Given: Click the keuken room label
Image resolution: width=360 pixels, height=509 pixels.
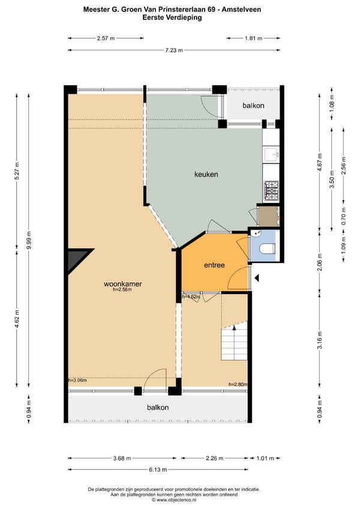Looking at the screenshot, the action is coord(206,174).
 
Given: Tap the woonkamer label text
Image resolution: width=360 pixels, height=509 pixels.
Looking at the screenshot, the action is coord(123,284).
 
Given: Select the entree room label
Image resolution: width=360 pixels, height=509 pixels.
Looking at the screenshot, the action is coord(214,265).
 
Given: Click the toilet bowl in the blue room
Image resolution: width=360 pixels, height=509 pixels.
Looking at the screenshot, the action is coord(268,248).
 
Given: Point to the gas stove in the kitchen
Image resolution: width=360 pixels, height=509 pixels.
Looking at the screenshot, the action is coord(271,190).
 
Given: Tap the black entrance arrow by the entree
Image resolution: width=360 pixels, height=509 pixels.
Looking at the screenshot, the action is coord(256,278).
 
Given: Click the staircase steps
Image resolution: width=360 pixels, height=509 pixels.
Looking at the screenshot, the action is coord(234,343).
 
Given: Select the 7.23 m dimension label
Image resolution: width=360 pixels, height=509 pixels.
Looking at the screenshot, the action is coord(174,50).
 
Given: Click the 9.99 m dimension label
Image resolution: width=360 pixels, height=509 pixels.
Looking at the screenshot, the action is coord(29,240).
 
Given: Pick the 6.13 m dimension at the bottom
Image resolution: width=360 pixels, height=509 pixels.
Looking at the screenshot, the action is coord(158,469).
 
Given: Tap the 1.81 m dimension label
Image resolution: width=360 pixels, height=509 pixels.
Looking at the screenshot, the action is coord(253,38).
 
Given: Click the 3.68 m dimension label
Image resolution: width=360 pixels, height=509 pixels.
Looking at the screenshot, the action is coord(122,459).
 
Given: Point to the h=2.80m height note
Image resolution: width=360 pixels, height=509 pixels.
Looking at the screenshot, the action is coord(238,384).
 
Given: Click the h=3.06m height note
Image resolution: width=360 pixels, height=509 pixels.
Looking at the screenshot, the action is coord(77,380).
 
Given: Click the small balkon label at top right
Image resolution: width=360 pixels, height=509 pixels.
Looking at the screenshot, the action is coord(253,106).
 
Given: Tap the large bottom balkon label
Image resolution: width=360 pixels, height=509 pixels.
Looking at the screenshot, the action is coord(158,408).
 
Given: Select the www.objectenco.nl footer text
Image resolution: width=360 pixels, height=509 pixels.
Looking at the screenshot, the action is coord(174,499).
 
